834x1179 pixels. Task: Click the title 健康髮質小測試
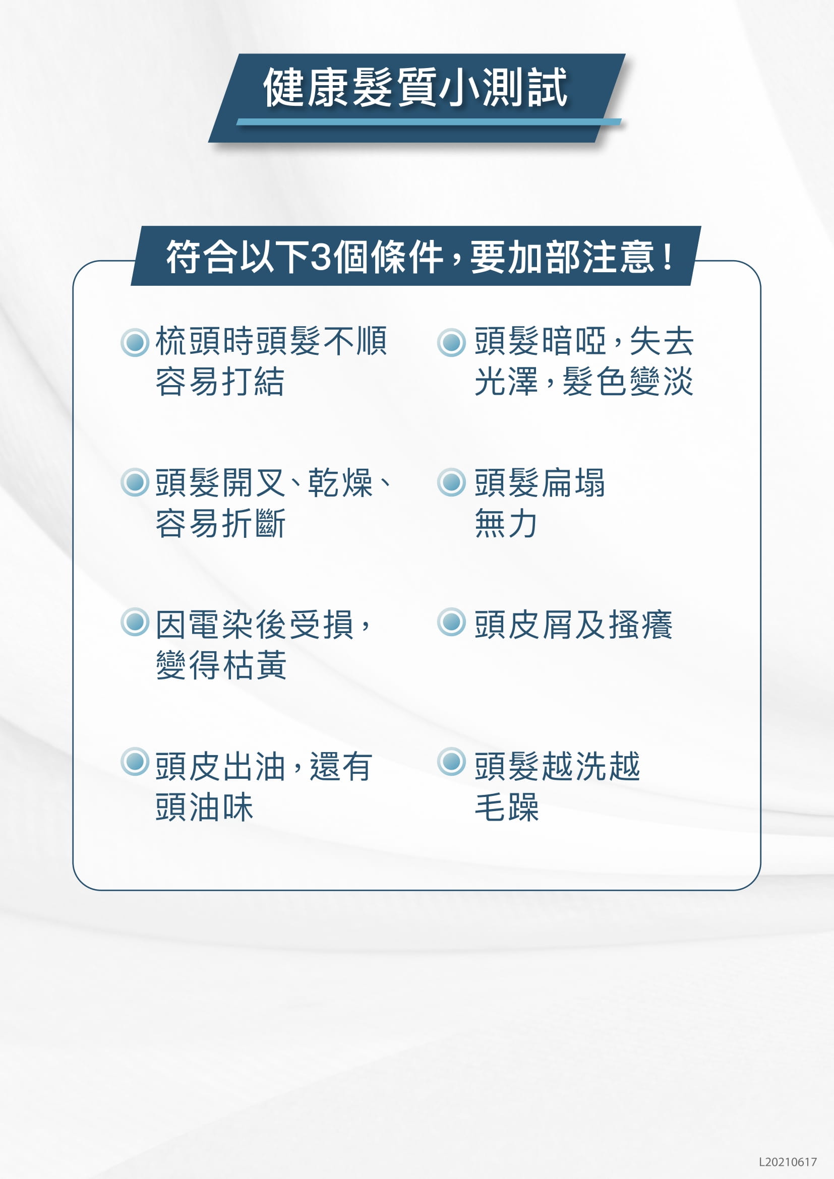(x=415, y=87)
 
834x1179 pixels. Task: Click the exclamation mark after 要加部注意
(x=668, y=257)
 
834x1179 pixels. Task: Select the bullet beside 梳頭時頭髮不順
(x=135, y=342)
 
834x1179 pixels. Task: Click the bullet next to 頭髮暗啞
(x=451, y=342)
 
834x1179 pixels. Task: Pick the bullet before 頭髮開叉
(x=135, y=482)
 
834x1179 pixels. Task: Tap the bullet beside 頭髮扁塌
(x=451, y=482)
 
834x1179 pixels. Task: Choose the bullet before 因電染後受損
(x=135, y=622)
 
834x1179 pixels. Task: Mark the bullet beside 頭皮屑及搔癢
(x=451, y=622)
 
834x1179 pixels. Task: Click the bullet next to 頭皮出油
(x=135, y=762)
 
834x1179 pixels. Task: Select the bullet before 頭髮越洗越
(x=451, y=762)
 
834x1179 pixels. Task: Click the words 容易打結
(x=220, y=382)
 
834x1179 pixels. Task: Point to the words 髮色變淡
(x=628, y=382)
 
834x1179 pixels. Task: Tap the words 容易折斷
(x=220, y=523)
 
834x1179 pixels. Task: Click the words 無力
(x=506, y=523)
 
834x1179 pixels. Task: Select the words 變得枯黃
(x=221, y=665)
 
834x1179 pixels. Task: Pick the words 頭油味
(x=204, y=806)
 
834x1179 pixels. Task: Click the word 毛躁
(x=506, y=806)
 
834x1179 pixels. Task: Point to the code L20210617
(x=788, y=1162)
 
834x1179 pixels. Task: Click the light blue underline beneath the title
(x=429, y=121)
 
